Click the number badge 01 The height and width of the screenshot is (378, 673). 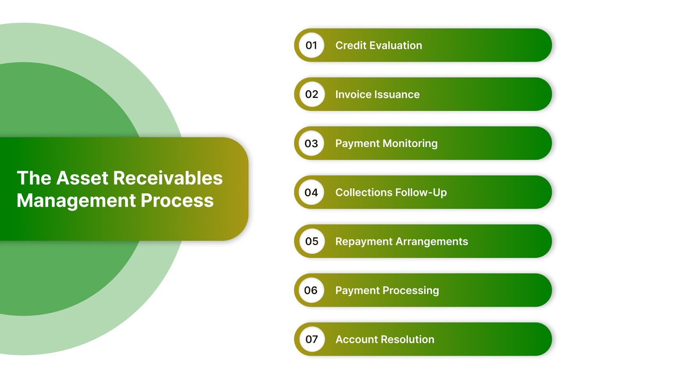(x=311, y=45)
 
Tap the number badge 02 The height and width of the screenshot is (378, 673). (x=311, y=94)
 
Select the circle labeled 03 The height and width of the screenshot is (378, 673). (x=311, y=144)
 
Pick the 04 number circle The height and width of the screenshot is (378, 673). (x=311, y=192)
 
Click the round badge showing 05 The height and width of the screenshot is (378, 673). (x=311, y=241)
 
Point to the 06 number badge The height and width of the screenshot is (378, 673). (x=311, y=290)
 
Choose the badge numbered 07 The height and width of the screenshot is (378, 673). (x=311, y=339)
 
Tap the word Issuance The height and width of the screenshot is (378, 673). (x=397, y=94)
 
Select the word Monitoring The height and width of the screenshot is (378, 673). (x=410, y=144)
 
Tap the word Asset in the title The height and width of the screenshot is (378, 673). (x=82, y=178)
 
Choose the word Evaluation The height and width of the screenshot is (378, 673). (x=396, y=45)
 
